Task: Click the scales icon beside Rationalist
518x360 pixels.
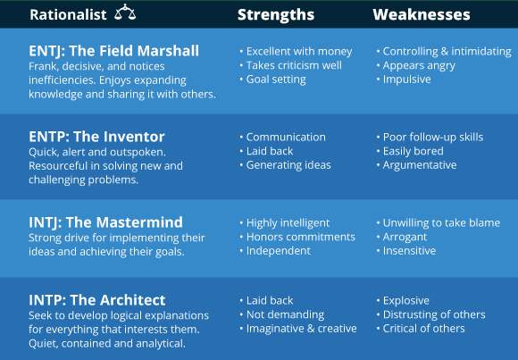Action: pyautogui.click(x=125, y=13)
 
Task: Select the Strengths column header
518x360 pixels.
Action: pyautogui.click(x=276, y=14)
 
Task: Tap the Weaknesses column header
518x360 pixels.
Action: pyautogui.click(x=422, y=14)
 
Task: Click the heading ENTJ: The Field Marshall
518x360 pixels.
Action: pyautogui.click(x=114, y=51)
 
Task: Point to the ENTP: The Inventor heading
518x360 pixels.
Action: pyautogui.click(x=96, y=137)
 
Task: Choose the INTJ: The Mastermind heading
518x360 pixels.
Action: pyautogui.click(x=105, y=222)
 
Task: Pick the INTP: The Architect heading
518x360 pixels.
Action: pyautogui.click(x=96, y=300)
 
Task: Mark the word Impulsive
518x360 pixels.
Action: pyautogui.click(x=406, y=80)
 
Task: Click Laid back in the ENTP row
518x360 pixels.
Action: pyautogui.click(x=269, y=151)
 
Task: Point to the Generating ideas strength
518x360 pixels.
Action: pyautogui.click(x=288, y=165)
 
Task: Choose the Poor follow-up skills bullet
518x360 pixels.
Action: pyautogui.click(x=433, y=138)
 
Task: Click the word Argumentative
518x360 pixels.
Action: pyautogui.click(x=420, y=165)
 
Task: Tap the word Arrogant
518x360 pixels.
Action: pyautogui.click(x=405, y=237)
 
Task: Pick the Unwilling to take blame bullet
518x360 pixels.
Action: pyautogui.click(x=441, y=222)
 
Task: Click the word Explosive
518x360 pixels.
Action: pyautogui.click(x=406, y=301)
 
